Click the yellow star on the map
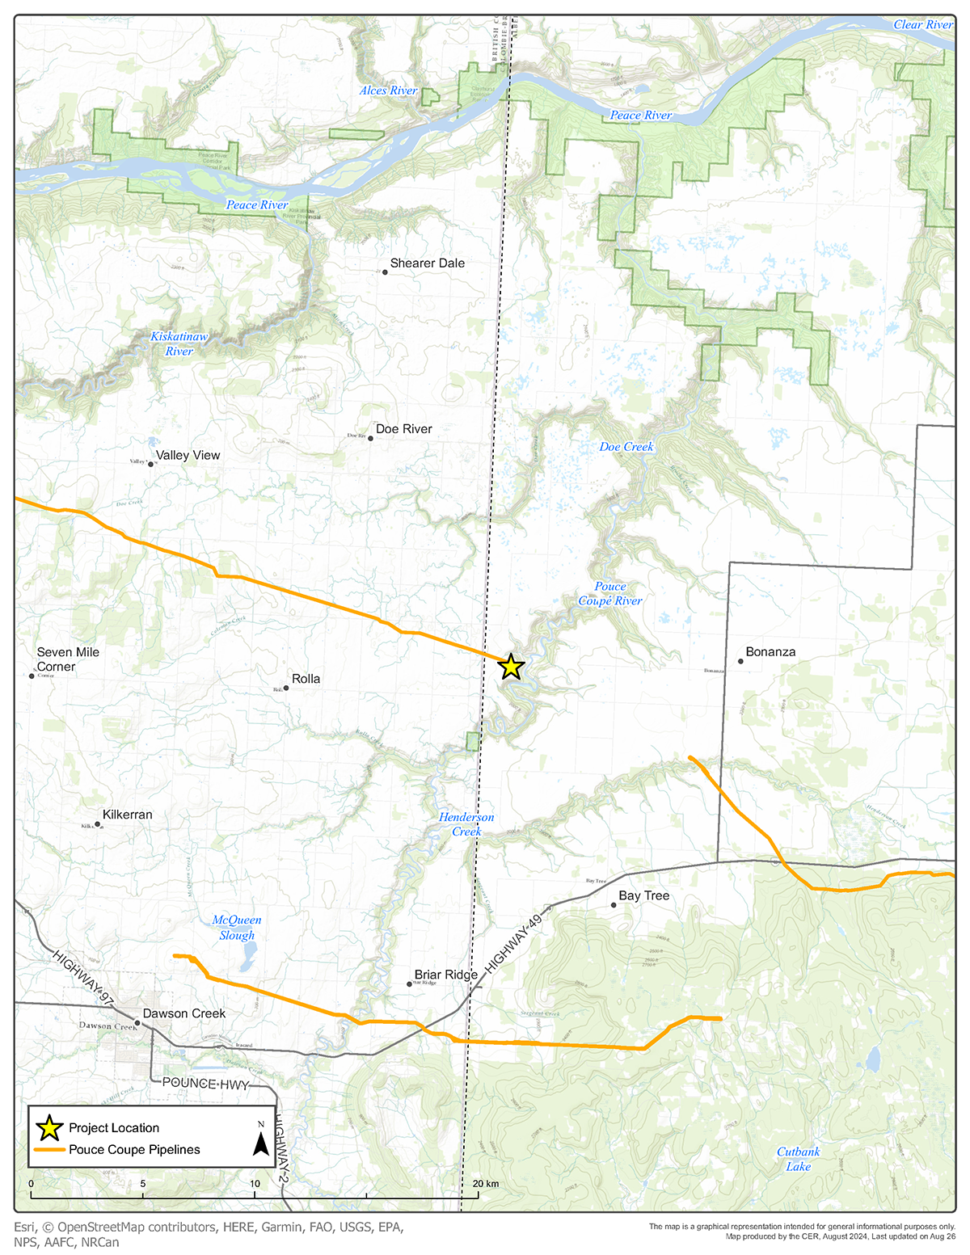coord(510,667)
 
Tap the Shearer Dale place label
coord(427,263)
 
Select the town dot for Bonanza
coord(740,661)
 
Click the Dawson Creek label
coord(184,1013)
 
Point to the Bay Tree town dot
coord(614,905)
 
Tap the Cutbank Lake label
coord(798,1159)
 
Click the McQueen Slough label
coord(237,928)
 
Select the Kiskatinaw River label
coord(179,343)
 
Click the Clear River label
coord(923,25)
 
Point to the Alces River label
coord(389,91)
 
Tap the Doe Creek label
coord(626,447)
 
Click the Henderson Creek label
coord(466,824)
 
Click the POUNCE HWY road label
coord(205,1083)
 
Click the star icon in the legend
coord(50,1127)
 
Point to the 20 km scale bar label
coord(487,1184)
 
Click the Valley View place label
coord(188,456)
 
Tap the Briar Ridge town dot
coord(410,984)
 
